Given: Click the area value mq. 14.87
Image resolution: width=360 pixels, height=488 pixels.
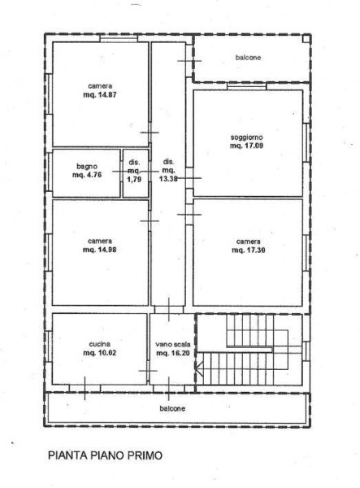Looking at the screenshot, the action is (100, 95).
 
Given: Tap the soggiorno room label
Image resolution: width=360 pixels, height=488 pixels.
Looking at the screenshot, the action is (246, 137).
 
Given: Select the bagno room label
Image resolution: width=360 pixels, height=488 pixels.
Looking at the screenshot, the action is (87, 167).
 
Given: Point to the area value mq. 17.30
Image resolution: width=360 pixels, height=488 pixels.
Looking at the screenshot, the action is (249, 250).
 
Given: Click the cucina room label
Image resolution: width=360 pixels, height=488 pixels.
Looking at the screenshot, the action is (99, 344).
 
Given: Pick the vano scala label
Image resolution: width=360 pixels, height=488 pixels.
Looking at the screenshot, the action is (173, 345).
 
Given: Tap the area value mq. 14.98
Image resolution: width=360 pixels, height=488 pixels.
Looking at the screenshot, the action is (99, 250).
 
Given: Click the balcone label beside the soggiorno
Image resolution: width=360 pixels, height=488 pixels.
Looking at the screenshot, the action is (248, 58).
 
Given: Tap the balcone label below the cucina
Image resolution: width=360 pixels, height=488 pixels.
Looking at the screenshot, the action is (172, 408).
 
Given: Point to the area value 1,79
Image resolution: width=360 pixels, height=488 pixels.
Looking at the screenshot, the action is (135, 180).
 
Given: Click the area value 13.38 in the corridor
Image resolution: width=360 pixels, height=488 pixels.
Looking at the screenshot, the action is (168, 179).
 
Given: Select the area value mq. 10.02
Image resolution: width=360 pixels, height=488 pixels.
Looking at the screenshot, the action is (99, 353).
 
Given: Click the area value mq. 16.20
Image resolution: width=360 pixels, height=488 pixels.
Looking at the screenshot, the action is (173, 353).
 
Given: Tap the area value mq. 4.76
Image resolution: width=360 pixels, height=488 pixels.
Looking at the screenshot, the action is (87, 175).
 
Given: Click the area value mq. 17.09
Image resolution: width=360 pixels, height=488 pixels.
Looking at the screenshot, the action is (246, 146).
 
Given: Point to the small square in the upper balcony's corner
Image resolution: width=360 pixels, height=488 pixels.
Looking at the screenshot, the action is (306, 38).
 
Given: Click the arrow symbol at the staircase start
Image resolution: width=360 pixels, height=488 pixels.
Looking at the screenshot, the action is (199, 368).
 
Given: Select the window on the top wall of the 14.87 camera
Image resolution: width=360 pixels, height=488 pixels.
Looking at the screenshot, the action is (119, 39).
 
